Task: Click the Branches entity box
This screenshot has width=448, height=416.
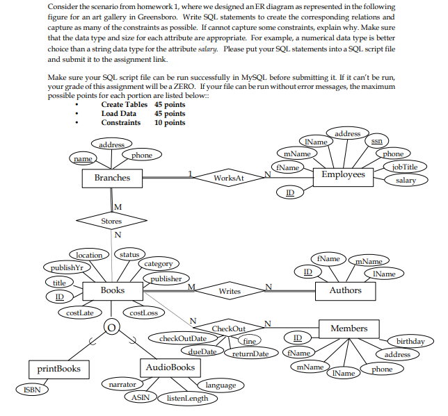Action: [x=112, y=178]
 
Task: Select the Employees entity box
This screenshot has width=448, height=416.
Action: [x=343, y=175]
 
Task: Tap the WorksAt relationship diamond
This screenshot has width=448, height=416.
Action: [x=229, y=178]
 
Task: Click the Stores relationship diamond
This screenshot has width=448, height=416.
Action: [x=111, y=222]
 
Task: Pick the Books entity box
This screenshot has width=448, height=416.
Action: [x=112, y=290]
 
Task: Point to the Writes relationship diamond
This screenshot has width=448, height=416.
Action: [x=229, y=291]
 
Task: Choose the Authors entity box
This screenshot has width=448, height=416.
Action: [x=345, y=290]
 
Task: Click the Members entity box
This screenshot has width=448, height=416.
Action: [x=349, y=328]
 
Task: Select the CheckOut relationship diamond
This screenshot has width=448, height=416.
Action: [x=228, y=328]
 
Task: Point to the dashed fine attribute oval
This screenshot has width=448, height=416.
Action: [x=248, y=341]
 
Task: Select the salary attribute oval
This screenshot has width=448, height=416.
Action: [x=406, y=181]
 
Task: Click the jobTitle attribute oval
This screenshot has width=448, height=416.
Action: [x=405, y=167]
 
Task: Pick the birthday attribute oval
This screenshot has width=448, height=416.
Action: [x=410, y=342]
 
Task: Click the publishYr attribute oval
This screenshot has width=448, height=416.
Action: [x=63, y=267]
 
